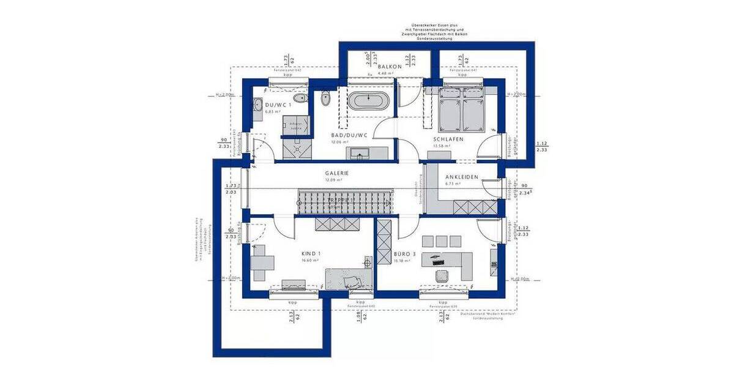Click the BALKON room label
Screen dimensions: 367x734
point(390,66)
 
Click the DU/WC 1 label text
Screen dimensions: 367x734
point(278,105)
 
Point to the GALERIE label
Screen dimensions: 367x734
point(337,173)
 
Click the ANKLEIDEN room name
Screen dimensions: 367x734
point(462,177)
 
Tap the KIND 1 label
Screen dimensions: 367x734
point(311,253)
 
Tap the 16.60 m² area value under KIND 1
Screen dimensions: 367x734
point(311,261)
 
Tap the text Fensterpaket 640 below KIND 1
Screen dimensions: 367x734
point(360,306)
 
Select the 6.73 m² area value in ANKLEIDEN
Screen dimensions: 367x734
point(453,183)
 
